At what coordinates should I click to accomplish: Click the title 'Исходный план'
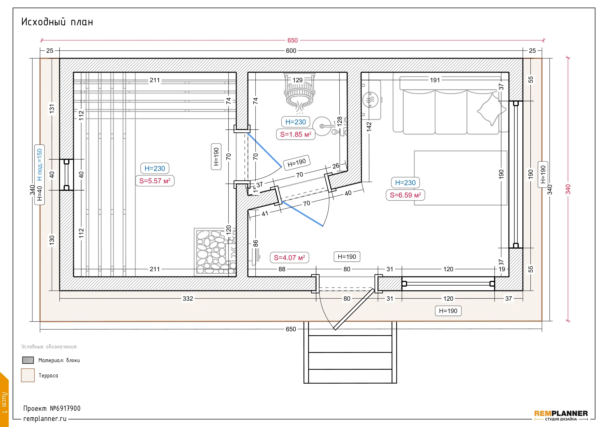tap(57, 22)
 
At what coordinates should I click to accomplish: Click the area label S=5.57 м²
tap(155, 181)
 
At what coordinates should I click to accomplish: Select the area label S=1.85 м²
tap(296, 134)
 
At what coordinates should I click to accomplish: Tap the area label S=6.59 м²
tap(405, 195)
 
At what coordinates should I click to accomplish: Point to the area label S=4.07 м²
tap(289, 258)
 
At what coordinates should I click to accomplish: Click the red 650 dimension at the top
tap(293, 40)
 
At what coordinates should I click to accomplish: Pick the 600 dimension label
tap(291, 51)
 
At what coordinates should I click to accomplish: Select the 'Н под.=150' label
tap(39, 165)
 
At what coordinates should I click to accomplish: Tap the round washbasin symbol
tap(322, 126)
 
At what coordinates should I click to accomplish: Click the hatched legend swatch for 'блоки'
tap(28, 360)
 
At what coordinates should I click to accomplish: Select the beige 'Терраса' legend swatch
tap(28, 375)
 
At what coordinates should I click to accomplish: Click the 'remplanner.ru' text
tap(45, 419)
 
